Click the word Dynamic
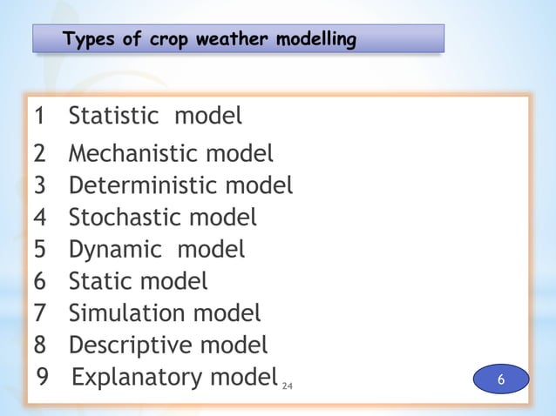pos(115,250)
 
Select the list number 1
pos(40,116)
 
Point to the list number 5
pos(40,250)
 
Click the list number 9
pos(44,378)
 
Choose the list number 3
pos(40,186)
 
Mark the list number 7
pos(40,312)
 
